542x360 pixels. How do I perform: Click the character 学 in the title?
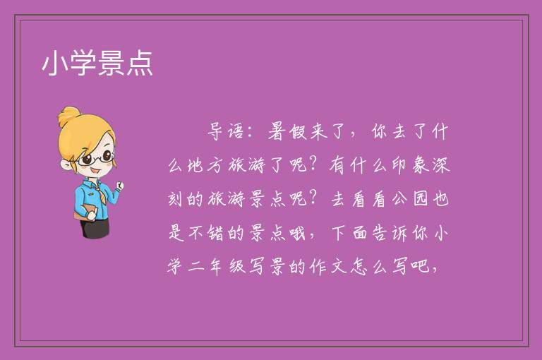[83, 63]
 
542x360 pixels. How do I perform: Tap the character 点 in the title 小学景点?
[140, 63]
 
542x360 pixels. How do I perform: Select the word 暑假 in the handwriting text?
[288, 131]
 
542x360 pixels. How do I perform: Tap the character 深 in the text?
[441, 165]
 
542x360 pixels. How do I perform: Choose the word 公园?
[411, 199]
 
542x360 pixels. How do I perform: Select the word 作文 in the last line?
[329, 267]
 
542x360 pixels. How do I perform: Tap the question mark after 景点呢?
[313, 198]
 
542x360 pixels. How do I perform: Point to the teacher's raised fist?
[119, 186]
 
